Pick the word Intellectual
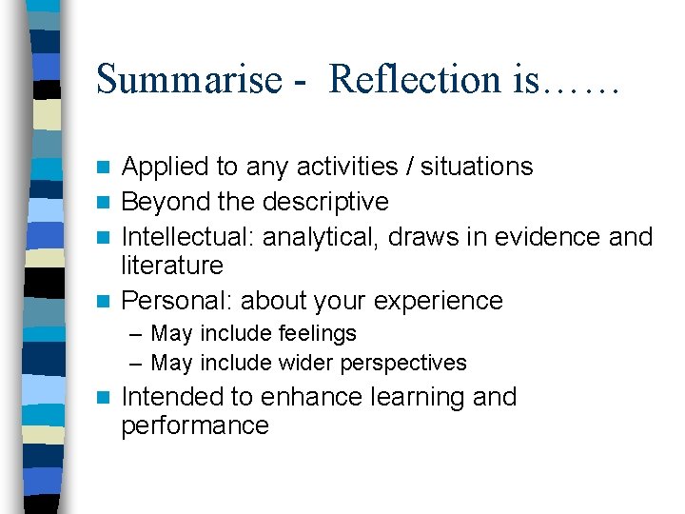click(187, 237)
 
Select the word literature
click(172, 266)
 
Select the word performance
click(195, 425)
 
